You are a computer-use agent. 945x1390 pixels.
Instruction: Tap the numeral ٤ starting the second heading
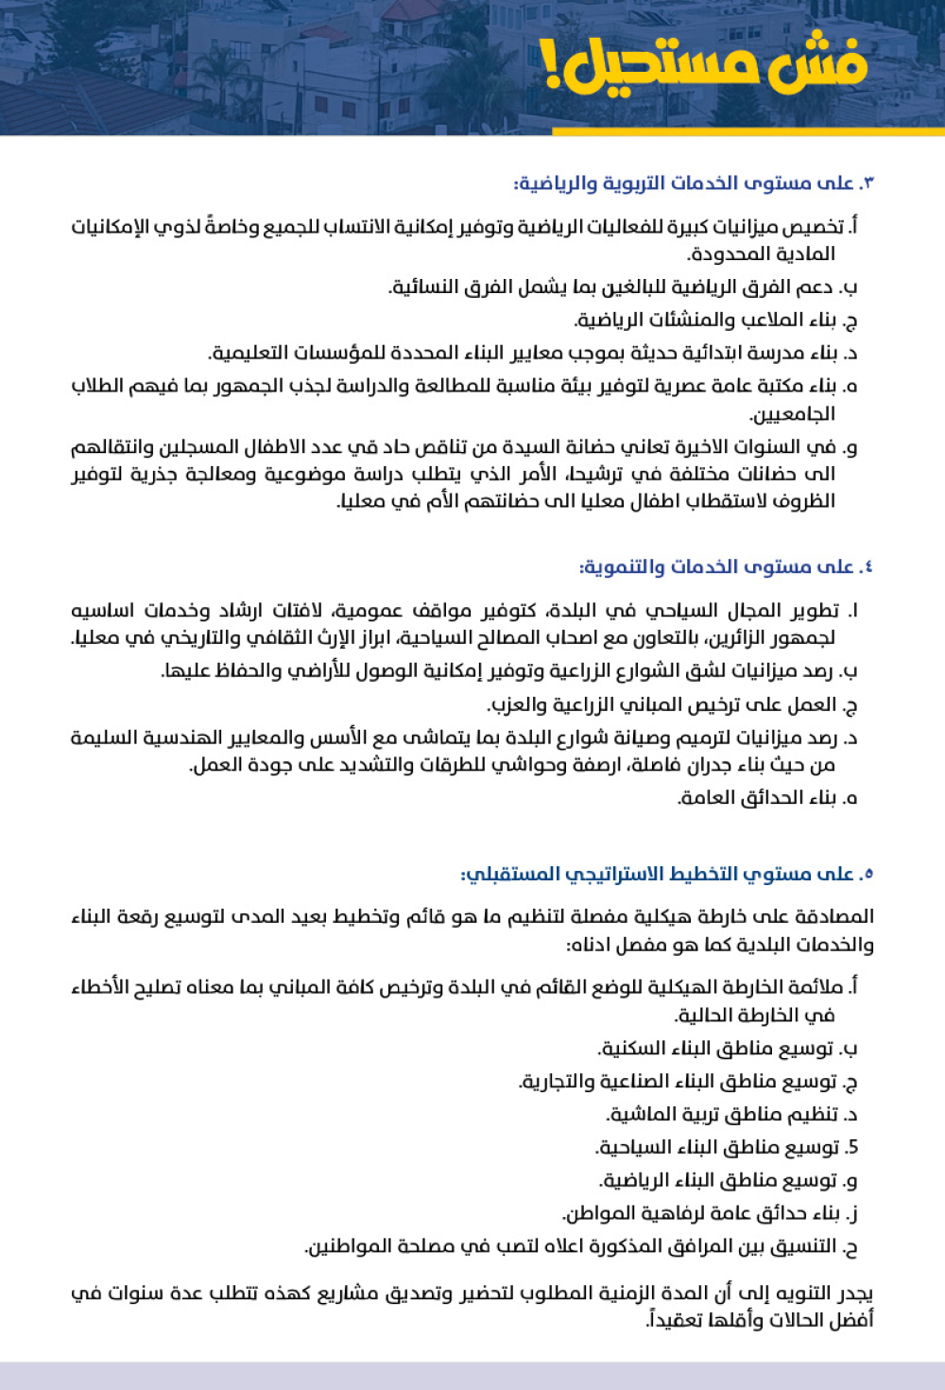tap(867, 567)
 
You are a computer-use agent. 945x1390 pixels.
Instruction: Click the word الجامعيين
tap(792, 413)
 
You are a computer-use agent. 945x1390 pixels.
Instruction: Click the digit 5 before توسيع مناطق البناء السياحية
tap(852, 1148)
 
